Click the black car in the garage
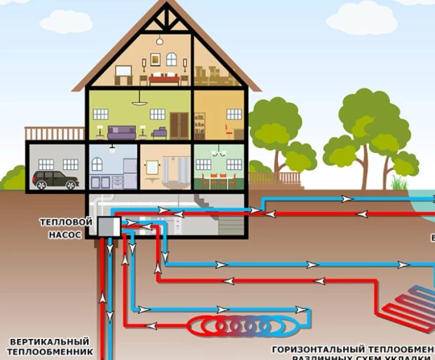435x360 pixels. [x=54, y=179]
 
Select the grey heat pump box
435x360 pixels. [x=108, y=227]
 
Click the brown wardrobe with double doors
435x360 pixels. [x=180, y=124]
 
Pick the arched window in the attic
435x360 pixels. [x=171, y=59]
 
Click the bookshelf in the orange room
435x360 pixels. [x=201, y=125]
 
